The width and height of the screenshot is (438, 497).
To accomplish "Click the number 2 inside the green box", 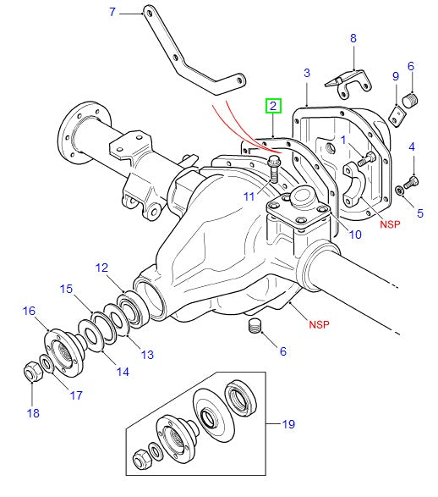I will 272,106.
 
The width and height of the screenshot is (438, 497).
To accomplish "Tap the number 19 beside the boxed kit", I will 288,423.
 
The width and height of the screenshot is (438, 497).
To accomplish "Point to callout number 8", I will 353,38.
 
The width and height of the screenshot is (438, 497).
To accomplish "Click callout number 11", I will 249,196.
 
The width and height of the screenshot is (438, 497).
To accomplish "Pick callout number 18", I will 33,413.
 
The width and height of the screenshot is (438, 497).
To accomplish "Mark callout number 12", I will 102,268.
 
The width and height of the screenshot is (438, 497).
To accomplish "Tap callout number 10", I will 355,234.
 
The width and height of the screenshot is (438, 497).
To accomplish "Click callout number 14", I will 123,371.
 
